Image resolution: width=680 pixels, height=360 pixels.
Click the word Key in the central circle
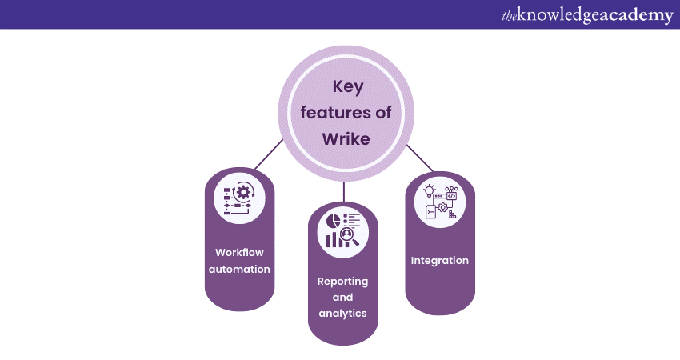click(x=345, y=87)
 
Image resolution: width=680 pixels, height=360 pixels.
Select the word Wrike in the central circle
click(x=345, y=138)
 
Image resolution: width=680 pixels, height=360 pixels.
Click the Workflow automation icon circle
click(x=239, y=199)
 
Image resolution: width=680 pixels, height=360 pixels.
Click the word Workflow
click(x=239, y=252)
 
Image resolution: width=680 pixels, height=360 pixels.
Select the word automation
click(x=239, y=270)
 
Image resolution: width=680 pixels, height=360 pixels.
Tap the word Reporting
click(x=342, y=281)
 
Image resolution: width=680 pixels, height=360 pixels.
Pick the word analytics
click(x=342, y=313)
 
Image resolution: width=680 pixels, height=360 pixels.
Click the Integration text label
click(x=440, y=260)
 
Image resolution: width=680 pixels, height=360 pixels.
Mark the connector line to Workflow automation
click(x=268, y=154)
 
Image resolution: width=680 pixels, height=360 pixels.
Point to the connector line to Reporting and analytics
click(x=343, y=191)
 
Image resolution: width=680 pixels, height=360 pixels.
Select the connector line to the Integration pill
click(x=420, y=158)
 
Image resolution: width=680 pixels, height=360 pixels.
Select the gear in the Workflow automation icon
click(x=243, y=192)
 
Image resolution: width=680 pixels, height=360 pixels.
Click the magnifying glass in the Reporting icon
click(x=350, y=235)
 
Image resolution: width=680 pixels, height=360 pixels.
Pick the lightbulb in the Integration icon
click(x=429, y=191)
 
